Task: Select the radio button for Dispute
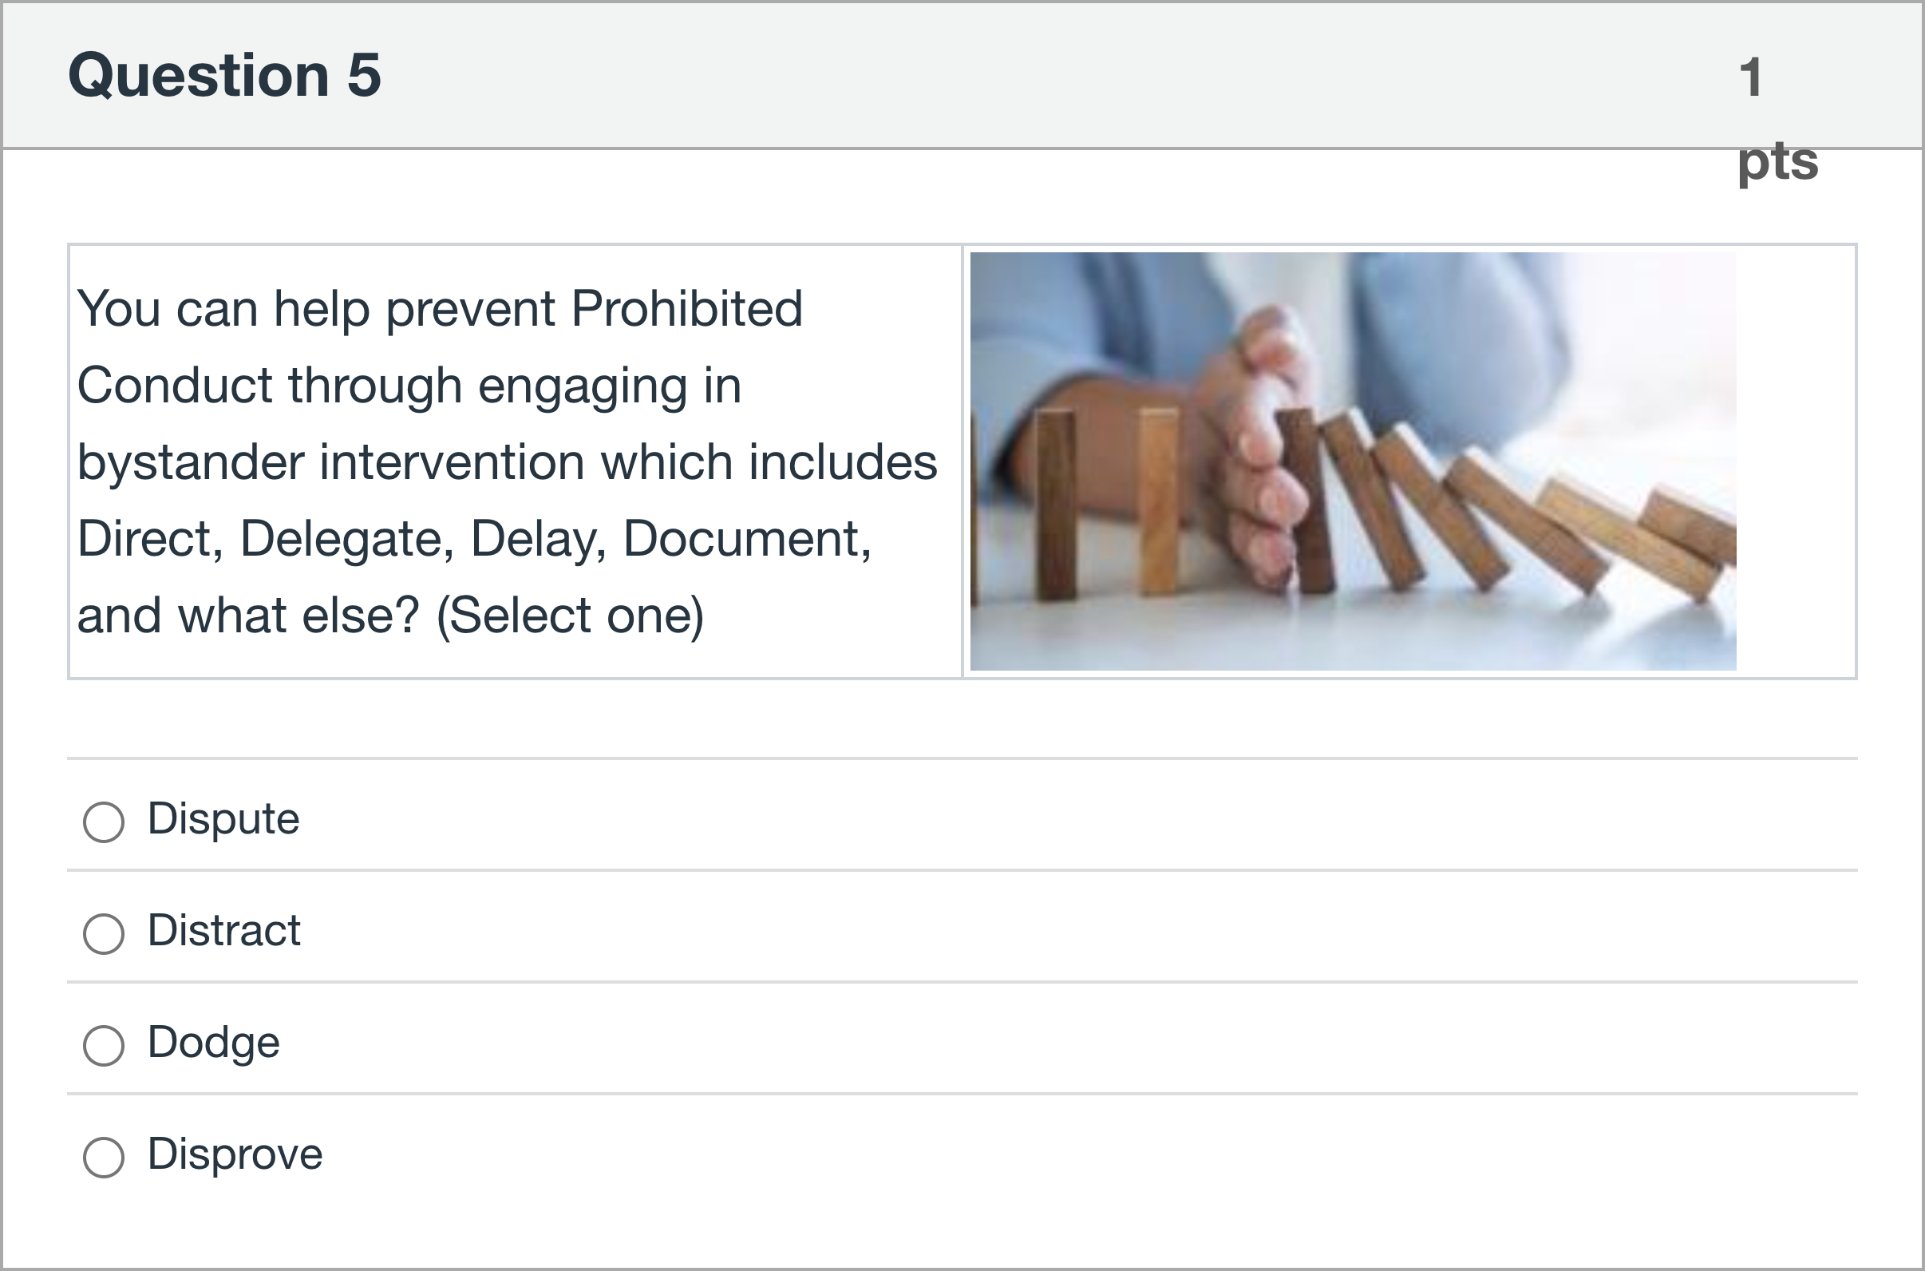click(x=104, y=822)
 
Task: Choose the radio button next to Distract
click(x=104, y=934)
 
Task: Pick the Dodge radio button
click(x=104, y=1046)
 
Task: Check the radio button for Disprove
click(x=104, y=1157)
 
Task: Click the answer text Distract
click(x=223, y=930)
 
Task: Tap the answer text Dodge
click(x=213, y=1043)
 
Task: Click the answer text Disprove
click(x=235, y=1154)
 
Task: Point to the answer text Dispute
click(x=223, y=818)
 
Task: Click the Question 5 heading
click(x=224, y=74)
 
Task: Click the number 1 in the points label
click(x=1751, y=77)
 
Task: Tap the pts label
click(x=1777, y=162)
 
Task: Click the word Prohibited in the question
click(x=687, y=308)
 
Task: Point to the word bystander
click(x=191, y=463)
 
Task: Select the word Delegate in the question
click(x=346, y=540)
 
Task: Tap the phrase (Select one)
click(x=571, y=616)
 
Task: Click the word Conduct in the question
click(x=175, y=385)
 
